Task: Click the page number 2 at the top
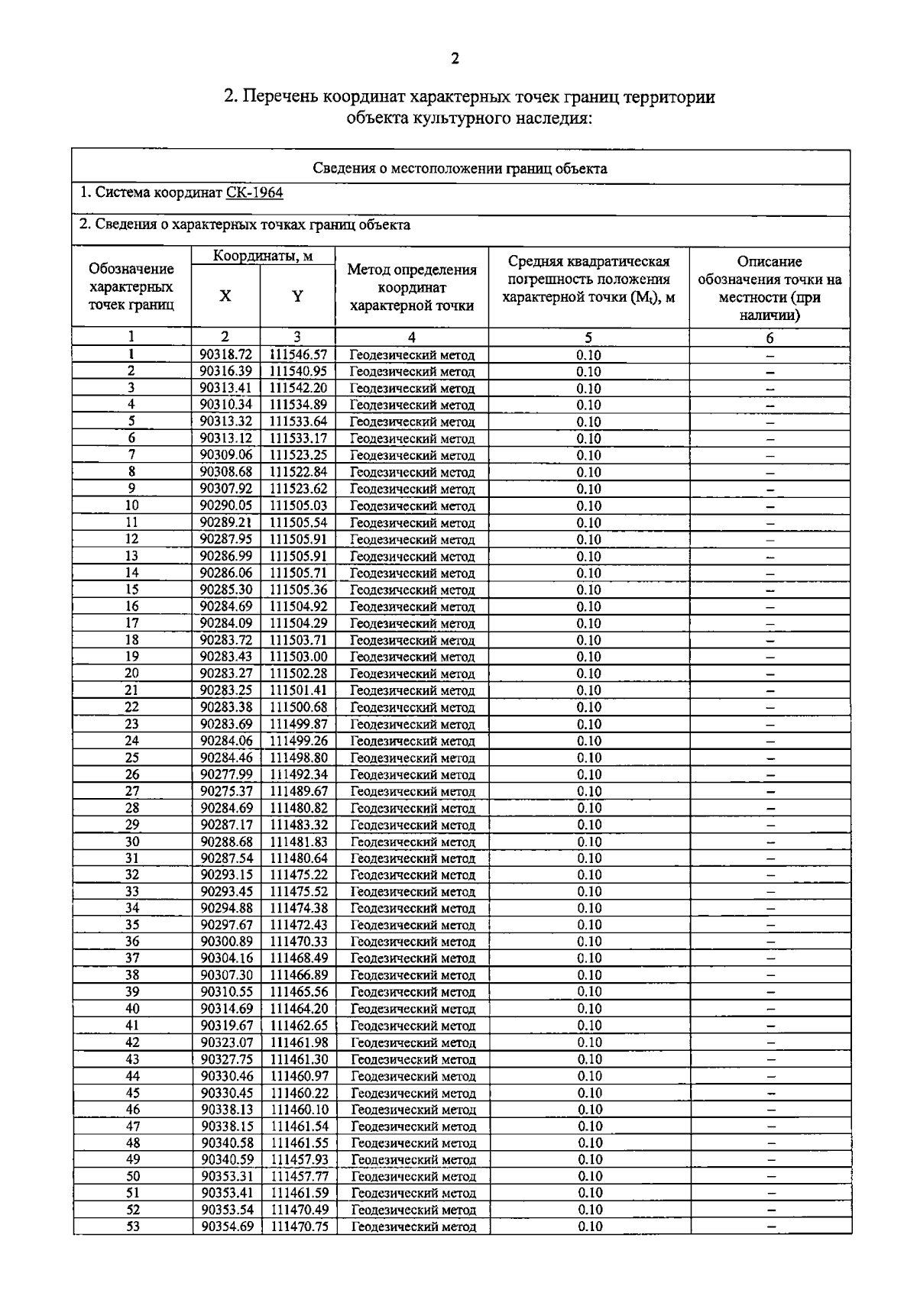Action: (x=455, y=59)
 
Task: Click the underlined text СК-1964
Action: (x=254, y=192)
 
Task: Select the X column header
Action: (x=225, y=296)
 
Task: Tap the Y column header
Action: (x=297, y=296)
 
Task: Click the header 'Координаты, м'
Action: (x=263, y=256)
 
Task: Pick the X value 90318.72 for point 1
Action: (x=225, y=355)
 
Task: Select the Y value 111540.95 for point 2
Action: (x=298, y=372)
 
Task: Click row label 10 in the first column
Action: (x=131, y=506)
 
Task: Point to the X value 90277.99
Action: (x=226, y=774)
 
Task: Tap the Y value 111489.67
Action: (x=299, y=791)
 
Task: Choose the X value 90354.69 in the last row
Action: (x=227, y=1227)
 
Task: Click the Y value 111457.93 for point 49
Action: (x=300, y=1159)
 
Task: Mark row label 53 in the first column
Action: (x=133, y=1227)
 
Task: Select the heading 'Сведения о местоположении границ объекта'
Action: (x=460, y=169)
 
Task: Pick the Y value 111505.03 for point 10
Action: (x=298, y=506)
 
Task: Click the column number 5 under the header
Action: (x=588, y=338)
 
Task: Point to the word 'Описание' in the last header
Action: (x=770, y=261)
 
